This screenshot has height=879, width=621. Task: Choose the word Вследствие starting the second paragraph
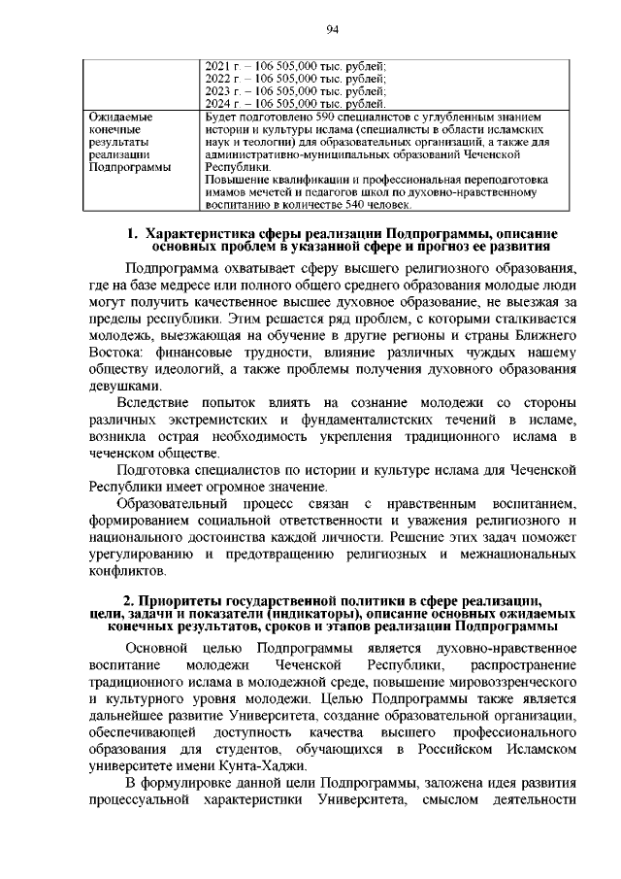coord(155,403)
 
